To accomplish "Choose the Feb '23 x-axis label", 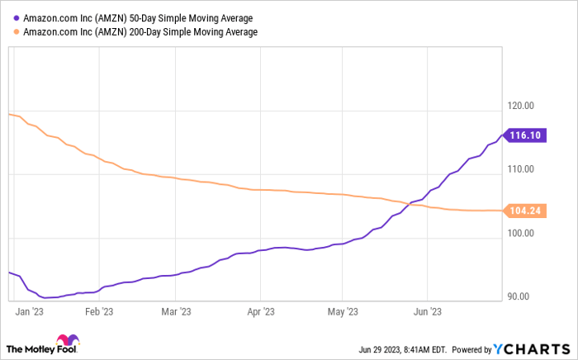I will click(x=99, y=312).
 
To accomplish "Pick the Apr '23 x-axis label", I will click(x=260, y=312).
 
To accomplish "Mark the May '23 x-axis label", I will click(x=342, y=312).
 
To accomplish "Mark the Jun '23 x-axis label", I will click(x=427, y=312).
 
